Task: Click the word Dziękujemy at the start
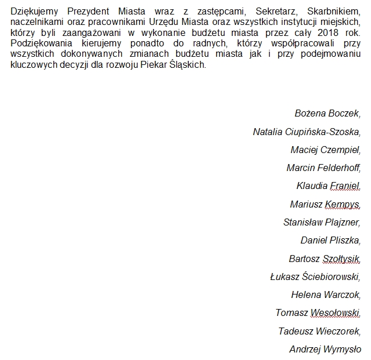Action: click(x=35, y=10)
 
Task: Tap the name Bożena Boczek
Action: click(x=328, y=113)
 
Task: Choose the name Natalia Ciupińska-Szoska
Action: click(x=307, y=132)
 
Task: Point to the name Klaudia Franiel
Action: click(x=328, y=186)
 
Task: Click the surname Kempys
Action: click(x=343, y=204)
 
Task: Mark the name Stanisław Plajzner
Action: click(x=322, y=222)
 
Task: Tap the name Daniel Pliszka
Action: click(x=330, y=240)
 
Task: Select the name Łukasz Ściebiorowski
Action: click(x=315, y=277)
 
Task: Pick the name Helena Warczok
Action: click(x=326, y=294)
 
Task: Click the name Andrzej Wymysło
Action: click(x=325, y=349)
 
